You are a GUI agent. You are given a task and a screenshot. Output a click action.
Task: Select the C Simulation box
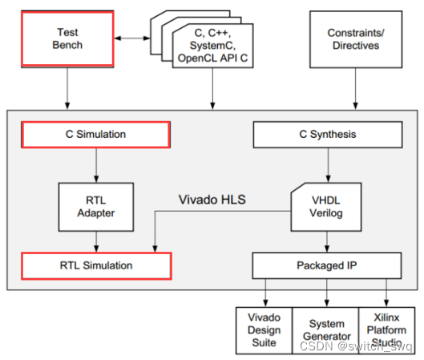click(x=95, y=135)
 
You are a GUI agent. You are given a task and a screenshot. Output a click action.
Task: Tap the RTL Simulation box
click(x=95, y=265)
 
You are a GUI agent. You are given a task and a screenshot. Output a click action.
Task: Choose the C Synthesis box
click(x=327, y=135)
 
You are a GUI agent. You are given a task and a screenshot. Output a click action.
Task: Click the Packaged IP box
click(x=327, y=265)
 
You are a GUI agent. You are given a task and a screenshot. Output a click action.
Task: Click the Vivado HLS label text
click(x=210, y=198)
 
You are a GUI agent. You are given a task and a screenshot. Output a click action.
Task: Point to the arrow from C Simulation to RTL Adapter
click(x=95, y=165)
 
